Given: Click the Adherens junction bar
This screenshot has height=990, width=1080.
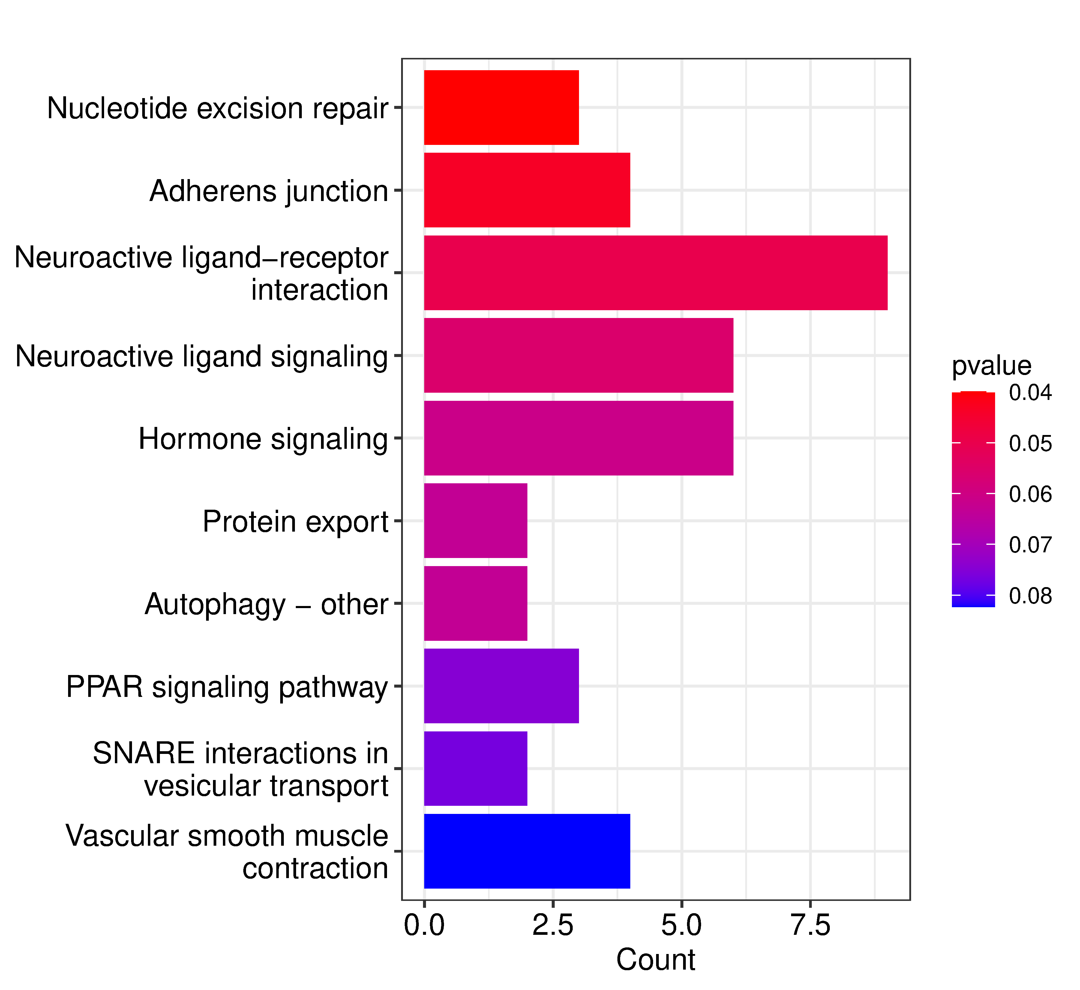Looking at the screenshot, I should click(526, 190).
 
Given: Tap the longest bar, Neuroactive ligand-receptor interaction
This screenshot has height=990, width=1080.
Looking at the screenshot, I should click(655, 273).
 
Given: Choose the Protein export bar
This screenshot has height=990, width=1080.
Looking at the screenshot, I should click(475, 521).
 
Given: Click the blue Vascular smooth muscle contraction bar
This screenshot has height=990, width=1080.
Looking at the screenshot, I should click(526, 851).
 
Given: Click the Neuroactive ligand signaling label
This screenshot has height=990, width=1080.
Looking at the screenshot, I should click(201, 356).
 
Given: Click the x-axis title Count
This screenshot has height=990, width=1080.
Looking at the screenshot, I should click(655, 960).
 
